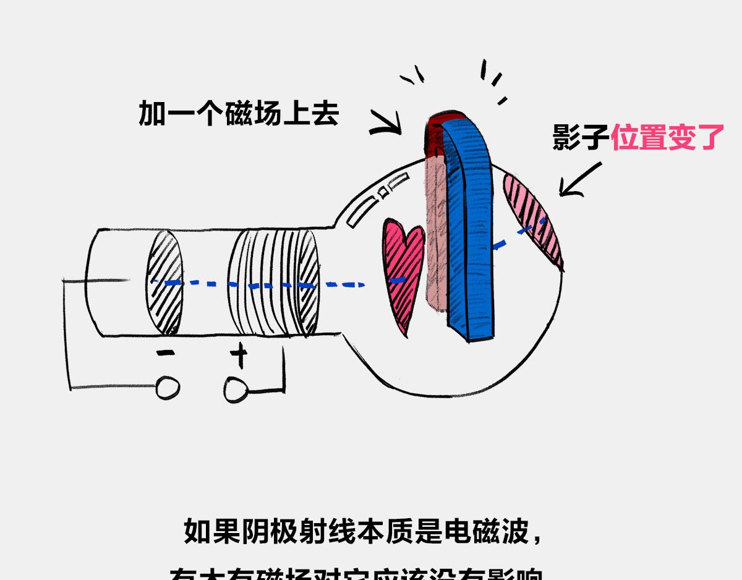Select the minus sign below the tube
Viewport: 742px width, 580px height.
coord(166,354)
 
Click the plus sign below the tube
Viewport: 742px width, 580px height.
coord(239,355)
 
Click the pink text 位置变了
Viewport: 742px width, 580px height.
coord(667,137)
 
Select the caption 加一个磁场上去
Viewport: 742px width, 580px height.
coord(239,114)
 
